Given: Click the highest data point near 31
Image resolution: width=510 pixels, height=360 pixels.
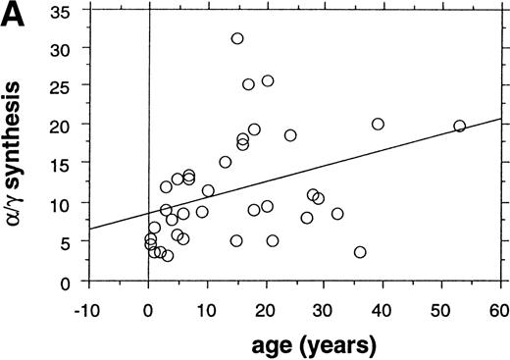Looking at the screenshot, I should pyautogui.click(x=237, y=38).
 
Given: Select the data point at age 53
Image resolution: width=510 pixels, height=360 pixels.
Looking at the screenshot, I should pyautogui.click(x=459, y=126).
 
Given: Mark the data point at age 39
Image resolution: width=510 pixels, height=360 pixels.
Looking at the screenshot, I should pyautogui.click(x=378, y=124).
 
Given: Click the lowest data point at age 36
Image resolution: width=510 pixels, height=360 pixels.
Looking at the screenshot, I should pyautogui.click(x=360, y=252).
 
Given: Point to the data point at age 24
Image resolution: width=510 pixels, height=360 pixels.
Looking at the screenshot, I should pyautogui.click(x=290, y=135).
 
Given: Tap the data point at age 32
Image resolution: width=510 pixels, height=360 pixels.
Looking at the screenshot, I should pyautogui.click(x=337, y=214).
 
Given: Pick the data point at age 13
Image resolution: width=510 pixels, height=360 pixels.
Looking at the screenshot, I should pyautogui.click(x=226, y=162).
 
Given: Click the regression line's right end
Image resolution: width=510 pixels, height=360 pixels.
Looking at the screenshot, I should pyautogui.click(x=500, y=119).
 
